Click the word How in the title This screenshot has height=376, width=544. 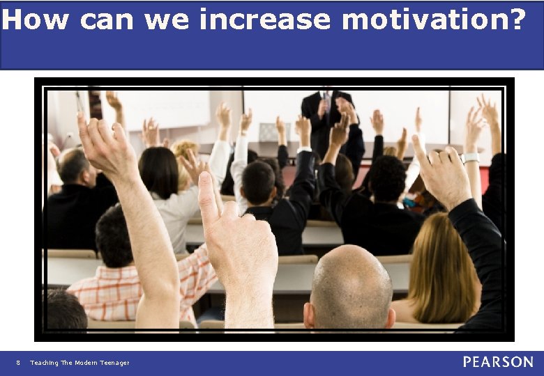[35, 19]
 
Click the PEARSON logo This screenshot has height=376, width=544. [498, 362]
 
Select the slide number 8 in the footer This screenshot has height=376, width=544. [18, 362]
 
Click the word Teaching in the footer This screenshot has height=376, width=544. [44, 362]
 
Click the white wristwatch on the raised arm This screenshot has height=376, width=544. [471, 157]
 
